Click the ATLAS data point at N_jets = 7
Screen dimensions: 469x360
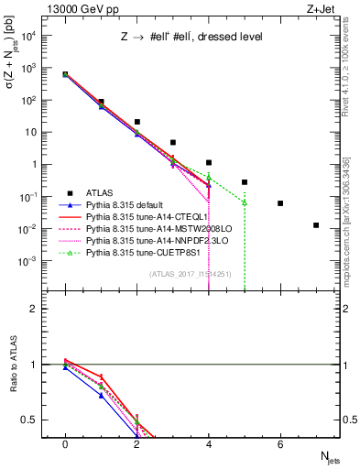(316, 224)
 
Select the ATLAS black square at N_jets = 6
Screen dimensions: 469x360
(280, 203)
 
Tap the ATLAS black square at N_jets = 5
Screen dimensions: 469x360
(245, 182)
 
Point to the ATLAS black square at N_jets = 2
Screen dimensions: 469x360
(136, 122)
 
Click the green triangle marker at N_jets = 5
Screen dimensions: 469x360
(245, 202)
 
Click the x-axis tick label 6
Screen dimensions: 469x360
(280, 444)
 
